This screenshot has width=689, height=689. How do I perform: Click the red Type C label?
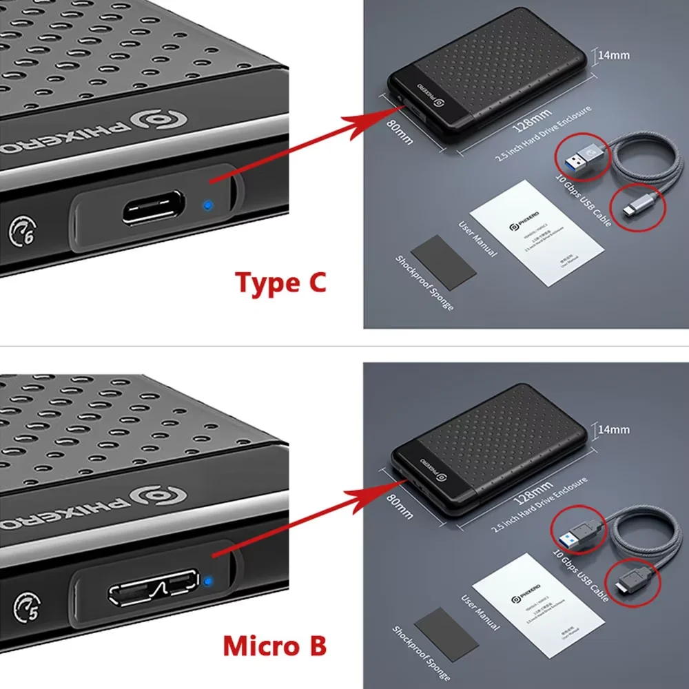280,282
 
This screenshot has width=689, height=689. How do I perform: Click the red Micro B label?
274,646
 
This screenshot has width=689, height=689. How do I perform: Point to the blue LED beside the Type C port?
207,205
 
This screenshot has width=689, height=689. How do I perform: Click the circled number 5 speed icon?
25,606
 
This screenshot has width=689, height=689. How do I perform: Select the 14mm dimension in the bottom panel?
613,429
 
